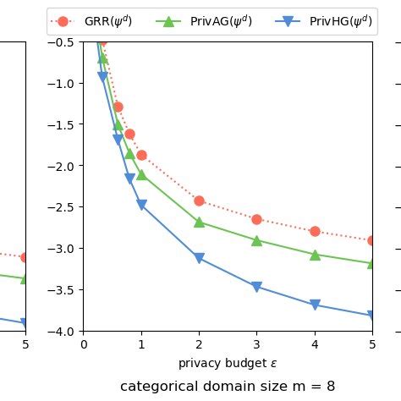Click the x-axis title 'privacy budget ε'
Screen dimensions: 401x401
(227, 364)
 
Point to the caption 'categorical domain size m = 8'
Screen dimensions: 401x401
(227, 387)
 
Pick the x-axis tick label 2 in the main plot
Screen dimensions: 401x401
(199, 344)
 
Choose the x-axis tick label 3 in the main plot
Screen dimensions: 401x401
(256, 344)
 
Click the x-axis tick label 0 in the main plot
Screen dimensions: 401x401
(84, 344)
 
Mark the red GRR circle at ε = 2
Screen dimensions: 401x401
(199, 200)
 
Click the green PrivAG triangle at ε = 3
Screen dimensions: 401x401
(256, 240)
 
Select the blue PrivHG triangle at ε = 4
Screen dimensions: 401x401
(315, 305)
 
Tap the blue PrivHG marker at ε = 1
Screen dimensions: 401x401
(141, 205)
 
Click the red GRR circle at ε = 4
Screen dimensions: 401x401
(315, 231)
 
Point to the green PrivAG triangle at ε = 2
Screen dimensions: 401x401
(199, 222)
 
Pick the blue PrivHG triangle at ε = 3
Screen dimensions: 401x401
(256, 287)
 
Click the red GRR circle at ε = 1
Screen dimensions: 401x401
(141, 155)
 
